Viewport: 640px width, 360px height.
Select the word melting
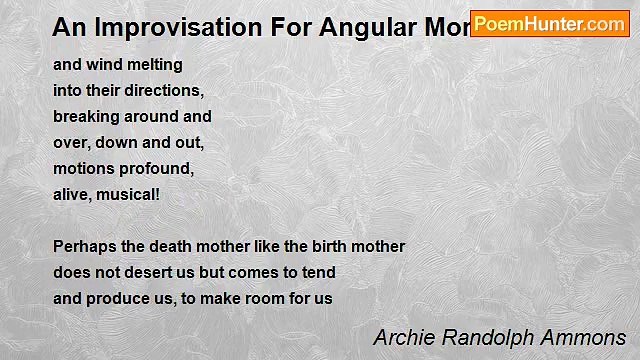click(x=155, y=65)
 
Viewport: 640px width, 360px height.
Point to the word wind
click(x=105, y=65)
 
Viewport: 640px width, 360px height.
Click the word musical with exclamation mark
click(x=131, y=194)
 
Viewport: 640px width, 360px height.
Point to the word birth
click(x=327, y=246)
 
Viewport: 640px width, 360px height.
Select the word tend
click(x=319, y=272)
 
